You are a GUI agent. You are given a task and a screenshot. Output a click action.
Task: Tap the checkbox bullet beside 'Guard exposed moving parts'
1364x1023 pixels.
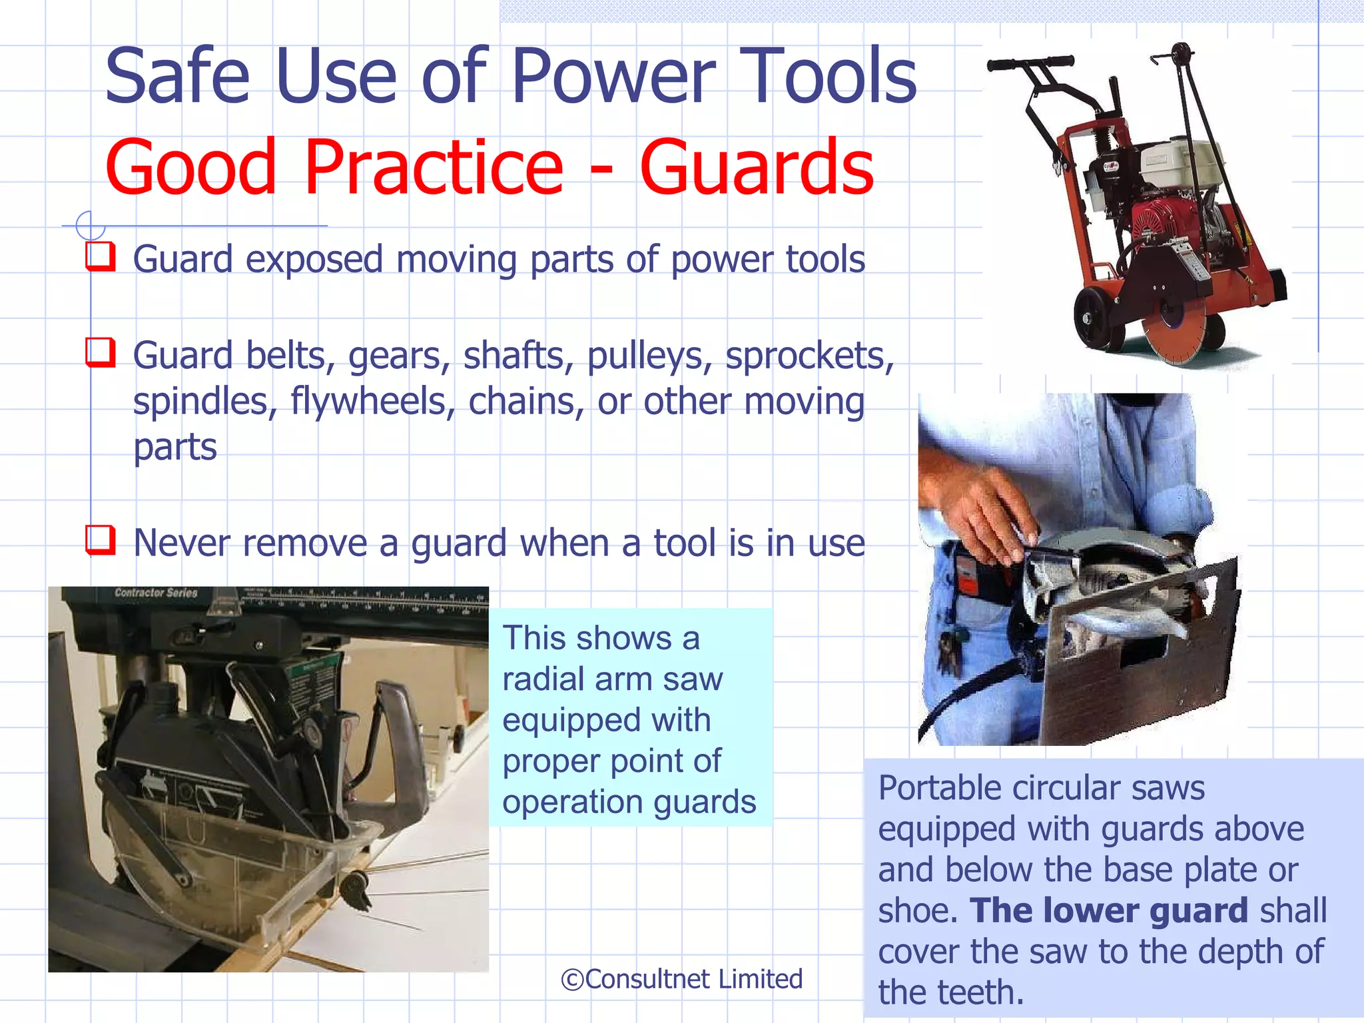100,256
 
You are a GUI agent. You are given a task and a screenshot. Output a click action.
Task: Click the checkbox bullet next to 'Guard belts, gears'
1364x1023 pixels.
100,352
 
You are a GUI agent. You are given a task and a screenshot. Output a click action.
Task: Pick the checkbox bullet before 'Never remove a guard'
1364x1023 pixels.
100,540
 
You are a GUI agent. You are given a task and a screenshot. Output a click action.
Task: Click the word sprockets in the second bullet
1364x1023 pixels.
809,356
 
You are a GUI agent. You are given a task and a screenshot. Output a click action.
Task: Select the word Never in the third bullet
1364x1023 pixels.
182,543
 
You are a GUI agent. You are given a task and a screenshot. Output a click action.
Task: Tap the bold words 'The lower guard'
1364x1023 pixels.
1108,910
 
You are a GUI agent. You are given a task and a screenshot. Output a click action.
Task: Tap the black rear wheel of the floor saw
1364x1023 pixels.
1092,320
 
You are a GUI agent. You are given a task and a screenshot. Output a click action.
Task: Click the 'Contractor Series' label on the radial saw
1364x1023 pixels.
156,593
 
